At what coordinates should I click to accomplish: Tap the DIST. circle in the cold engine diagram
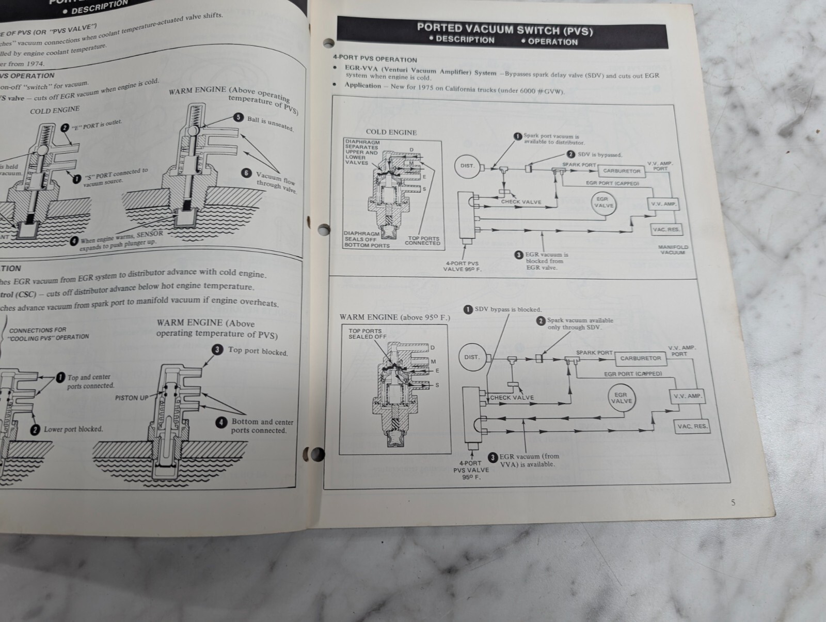[x=468, y=166]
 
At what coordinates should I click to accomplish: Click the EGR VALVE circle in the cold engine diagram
[x=603, y=202]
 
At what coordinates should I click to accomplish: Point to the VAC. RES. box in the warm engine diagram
[x=693, y=427]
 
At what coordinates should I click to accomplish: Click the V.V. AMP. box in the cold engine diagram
[x=663, y=204]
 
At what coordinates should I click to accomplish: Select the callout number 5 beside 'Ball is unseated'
[x=238, y=117]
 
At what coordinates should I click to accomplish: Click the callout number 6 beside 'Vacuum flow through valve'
[x=247, y=173]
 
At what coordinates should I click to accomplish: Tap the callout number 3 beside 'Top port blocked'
[x=218, y=350]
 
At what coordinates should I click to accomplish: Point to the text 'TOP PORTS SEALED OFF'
[x=366, y=334]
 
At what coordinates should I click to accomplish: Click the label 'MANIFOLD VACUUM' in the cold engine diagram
[x=673, y=250]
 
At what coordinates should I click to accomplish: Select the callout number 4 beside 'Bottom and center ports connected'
[x=221, y=422]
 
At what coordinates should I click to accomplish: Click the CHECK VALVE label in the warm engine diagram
[x=512, y=398]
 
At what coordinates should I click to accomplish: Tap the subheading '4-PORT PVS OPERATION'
[x=375, y=59]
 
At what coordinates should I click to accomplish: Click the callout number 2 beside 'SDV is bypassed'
[x=570, y=154]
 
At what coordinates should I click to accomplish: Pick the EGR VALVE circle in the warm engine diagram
[x=621, y=398]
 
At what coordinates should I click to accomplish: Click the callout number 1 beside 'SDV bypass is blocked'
[x=468, y=309]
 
